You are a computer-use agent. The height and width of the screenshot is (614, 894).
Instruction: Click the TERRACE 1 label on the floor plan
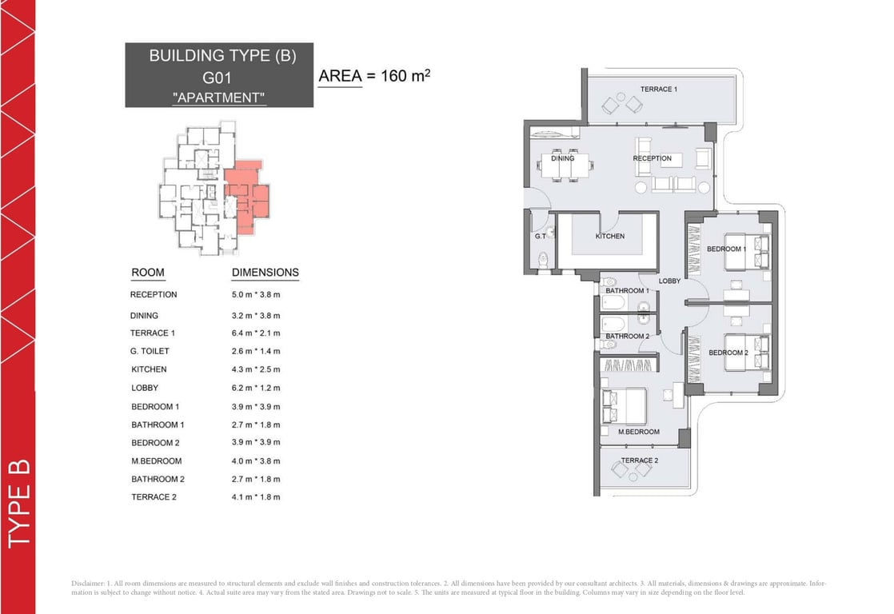(658, 89)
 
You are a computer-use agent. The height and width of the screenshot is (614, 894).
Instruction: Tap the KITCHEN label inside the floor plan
(610, 236)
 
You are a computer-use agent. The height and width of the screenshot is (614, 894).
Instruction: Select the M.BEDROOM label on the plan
(639, 432)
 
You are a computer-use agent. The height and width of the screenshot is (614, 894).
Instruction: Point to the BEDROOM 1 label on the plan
(726, 249)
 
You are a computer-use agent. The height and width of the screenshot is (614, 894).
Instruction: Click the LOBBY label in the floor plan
(669, 281)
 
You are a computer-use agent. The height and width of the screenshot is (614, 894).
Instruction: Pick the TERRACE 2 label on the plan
(640, 460)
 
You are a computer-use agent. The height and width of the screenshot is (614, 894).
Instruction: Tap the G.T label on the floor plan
(540, 237)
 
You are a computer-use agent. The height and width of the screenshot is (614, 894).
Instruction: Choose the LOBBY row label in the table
(145, 388)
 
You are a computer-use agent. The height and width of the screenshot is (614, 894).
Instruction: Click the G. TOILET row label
(150, 351)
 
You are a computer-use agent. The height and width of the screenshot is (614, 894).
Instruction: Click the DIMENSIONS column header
(265, 273)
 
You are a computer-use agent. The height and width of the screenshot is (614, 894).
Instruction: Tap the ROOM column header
(147, 273)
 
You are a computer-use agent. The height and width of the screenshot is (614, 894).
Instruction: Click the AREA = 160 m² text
(374, 77)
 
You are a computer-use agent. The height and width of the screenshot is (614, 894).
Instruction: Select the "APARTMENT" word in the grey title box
(218, 98)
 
